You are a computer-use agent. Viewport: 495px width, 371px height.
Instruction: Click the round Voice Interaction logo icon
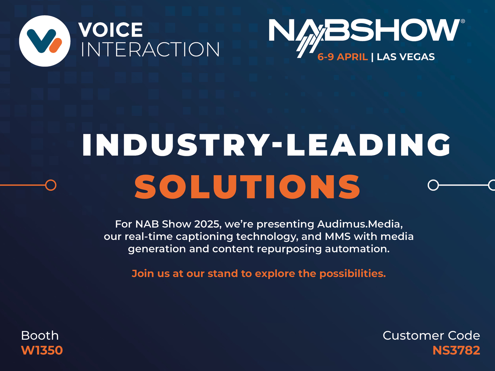tap(45, 41)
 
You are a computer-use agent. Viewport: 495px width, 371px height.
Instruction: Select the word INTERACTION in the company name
tap(150, 50)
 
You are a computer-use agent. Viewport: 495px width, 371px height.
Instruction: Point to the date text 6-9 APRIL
tap(342, 57)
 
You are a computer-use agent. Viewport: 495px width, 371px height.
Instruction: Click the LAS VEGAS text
tap(406, 57)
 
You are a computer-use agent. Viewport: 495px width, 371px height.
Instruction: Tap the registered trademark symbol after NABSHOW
tap(463, 21)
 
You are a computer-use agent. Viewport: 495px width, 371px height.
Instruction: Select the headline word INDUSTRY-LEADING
tap(266, 145)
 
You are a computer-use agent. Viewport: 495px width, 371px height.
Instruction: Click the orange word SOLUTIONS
tap(247, 187)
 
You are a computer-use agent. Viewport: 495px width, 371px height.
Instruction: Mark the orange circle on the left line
tap(51, 185)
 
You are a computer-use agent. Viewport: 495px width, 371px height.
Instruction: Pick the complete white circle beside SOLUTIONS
tap(433, 185)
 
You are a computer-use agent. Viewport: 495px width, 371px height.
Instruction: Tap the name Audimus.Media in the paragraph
tap(360, 224)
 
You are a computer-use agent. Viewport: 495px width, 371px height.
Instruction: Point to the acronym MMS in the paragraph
tap(338, 237)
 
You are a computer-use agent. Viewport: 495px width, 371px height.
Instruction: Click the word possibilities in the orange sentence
tap(353, 274)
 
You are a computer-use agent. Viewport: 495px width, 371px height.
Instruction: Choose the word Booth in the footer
tap(40, 336)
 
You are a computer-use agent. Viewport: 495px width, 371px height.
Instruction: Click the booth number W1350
tap(42, 350)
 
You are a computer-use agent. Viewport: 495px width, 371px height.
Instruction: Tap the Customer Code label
tap(431, 336)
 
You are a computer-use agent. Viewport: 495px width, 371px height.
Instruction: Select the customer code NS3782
tap(456, 350)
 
